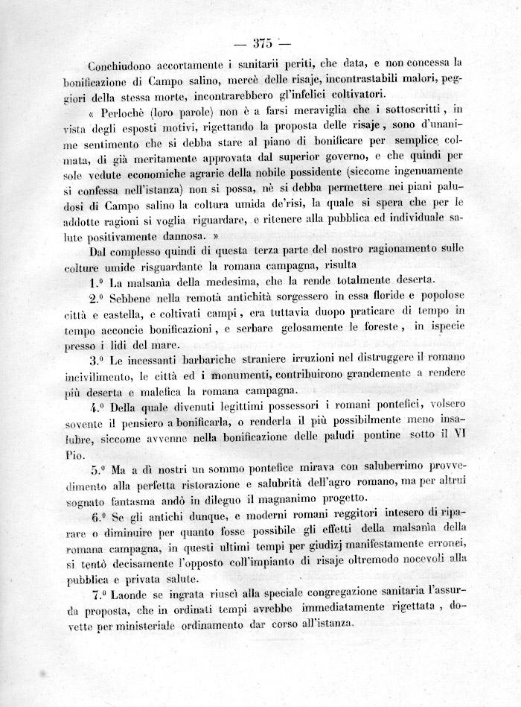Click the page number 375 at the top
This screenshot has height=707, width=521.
tap(264, 42)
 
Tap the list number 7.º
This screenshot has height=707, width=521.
tap(98, 595)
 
